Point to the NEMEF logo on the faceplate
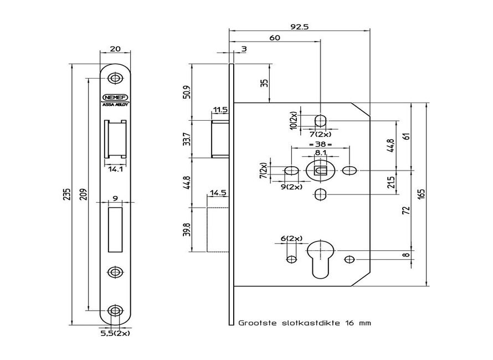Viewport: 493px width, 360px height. (115, 96)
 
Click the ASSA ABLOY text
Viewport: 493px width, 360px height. (115, 104)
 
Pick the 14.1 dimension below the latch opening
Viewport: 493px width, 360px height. (115, 169)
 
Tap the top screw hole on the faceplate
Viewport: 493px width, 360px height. (115, 78)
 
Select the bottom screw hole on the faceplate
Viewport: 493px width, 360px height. (115, 311)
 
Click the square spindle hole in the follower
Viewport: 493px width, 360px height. (320, 170)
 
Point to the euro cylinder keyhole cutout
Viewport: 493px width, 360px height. (320, 256)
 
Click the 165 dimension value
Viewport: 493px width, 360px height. (421, 194)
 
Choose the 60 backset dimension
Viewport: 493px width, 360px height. (274, 37)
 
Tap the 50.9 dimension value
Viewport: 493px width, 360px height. (187, 91)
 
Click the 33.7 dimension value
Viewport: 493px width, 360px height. (187, 138)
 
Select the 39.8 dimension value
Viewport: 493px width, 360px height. (187, 229)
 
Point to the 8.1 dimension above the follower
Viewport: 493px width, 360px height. (320, 153)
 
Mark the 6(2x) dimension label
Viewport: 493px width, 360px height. (291, 238)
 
